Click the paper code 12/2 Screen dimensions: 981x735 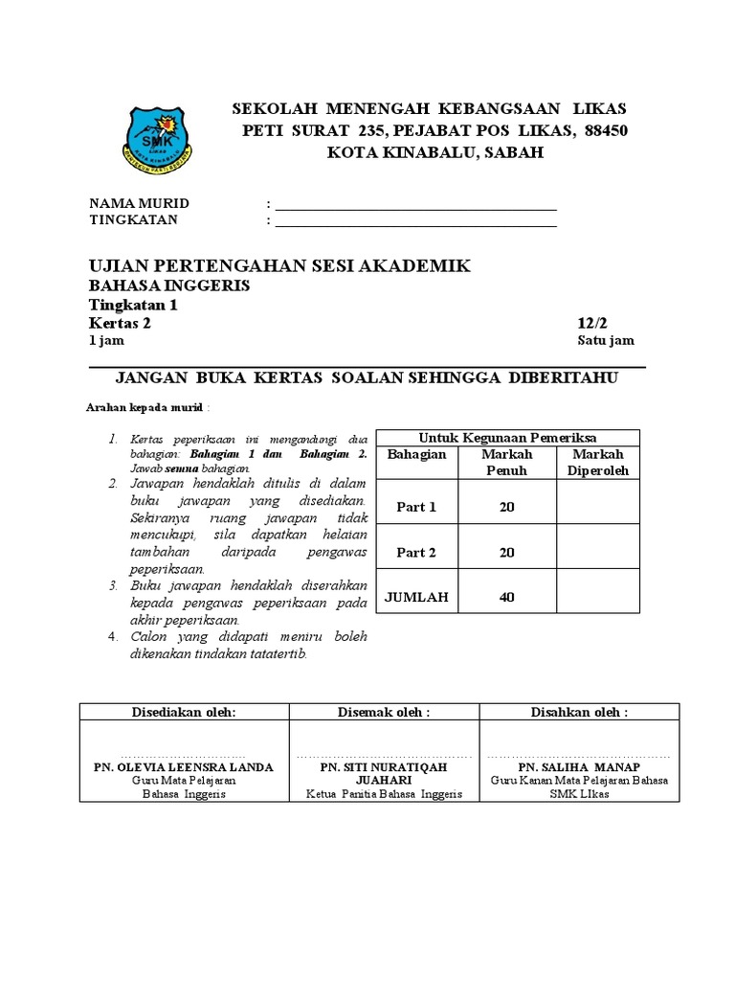592,324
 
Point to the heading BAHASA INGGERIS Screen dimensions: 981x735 169,285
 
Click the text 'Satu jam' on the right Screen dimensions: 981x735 605,341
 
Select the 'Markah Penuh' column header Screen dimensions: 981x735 506,462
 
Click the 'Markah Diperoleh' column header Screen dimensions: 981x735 597,462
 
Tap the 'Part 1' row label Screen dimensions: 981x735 416,507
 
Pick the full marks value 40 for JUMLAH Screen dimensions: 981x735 506,597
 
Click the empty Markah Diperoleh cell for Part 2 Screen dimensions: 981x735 597,552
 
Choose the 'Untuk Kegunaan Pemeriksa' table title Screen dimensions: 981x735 507,438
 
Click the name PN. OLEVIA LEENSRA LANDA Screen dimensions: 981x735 183,767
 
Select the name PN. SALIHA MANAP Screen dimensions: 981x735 579,767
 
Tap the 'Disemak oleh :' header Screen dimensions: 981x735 384,712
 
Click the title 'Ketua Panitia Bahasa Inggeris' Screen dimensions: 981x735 384,794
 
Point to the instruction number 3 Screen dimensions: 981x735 112,584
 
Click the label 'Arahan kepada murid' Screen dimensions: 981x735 145,407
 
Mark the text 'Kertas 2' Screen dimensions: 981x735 120,324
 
